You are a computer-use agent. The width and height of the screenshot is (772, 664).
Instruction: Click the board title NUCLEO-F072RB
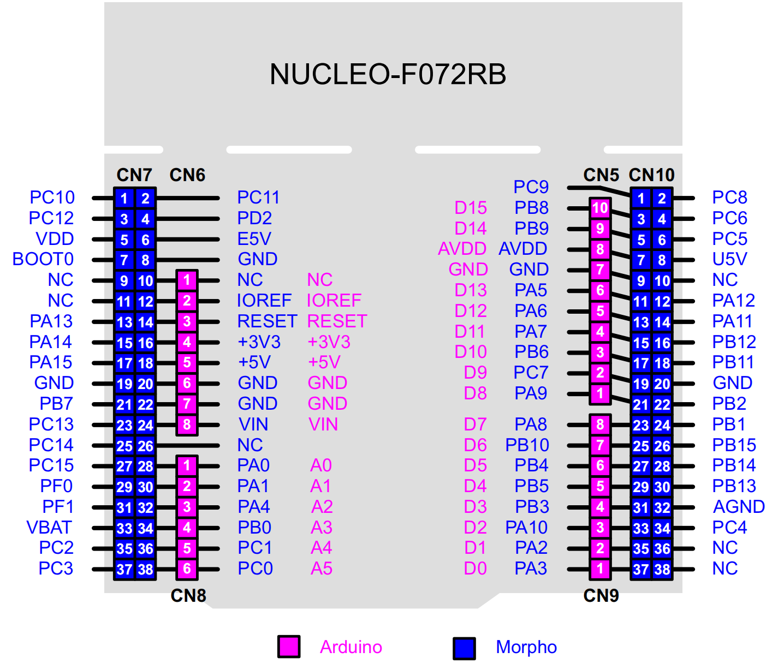pyautogui.click(x=388, y=75)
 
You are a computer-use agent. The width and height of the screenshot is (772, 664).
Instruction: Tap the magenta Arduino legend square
pyautogui.click(x=288, y=647)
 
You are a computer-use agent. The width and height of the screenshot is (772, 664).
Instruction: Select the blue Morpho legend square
pyautogui.click(x=464, y=648)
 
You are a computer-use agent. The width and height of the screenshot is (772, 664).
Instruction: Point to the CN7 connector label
pyautogui.click(x=134, y=175)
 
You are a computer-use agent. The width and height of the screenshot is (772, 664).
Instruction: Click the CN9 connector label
pyautogui.click(x=601, y=595)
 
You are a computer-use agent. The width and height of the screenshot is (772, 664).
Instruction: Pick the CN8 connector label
pyautogui.click(x=188, y=595)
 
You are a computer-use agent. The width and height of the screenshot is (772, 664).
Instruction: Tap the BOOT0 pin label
pyautogui.click(x=43, y=259)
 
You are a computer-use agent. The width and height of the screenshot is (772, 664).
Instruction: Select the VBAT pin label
pyautogui.click(x=49, y=528)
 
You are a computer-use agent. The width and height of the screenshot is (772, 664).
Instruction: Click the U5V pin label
pyautogui.click(x=729, y=259)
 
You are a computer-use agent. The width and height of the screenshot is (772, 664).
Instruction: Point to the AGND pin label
pyautogui.click(x=738, y=507)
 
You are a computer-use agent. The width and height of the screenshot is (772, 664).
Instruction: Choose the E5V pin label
pyautogui.click(x=254, y=239)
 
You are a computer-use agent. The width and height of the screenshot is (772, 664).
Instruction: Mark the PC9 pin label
pyautogui.click(x=531, y=187)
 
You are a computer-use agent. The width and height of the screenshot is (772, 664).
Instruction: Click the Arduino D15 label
pyautogui.click(x=470, y=208)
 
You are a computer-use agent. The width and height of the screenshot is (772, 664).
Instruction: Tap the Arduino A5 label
pyautogui.click(x=322, y=569)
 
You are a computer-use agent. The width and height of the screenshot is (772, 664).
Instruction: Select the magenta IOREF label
pyautogui.click(x=334, y=301)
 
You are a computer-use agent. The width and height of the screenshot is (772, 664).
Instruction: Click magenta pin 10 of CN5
pyautogui.click(x=600, y=208)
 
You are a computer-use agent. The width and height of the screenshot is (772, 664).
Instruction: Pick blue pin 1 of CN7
pyautogui.click(x=124, y=199)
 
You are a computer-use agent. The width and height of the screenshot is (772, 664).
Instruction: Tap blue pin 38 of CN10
pyautogui.click(x=662, y=570)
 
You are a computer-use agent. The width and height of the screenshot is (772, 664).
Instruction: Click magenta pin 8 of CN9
pyautogui.click(x=600, y=424)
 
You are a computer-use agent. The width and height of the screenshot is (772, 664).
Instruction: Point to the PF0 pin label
pyautogui.click(x=56, y=486)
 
